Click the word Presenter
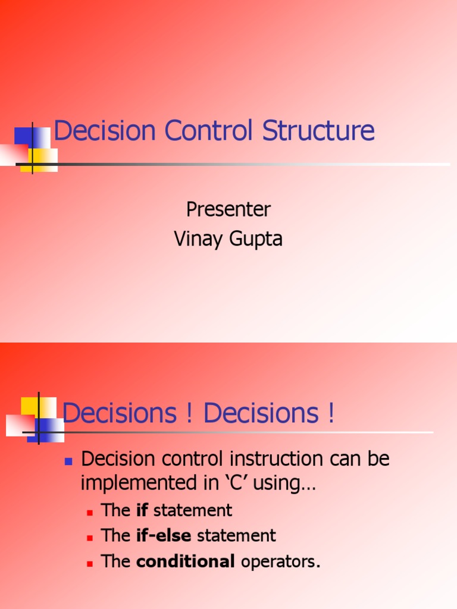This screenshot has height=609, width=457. click(228, 209)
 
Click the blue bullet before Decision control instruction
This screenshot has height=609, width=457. click(68, 461)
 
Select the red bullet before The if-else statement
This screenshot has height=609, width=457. click(90, 537)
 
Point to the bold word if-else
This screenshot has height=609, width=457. click(164, 536)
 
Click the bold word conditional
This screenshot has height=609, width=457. click(186, 561)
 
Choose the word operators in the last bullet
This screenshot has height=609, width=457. click(280, 562)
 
